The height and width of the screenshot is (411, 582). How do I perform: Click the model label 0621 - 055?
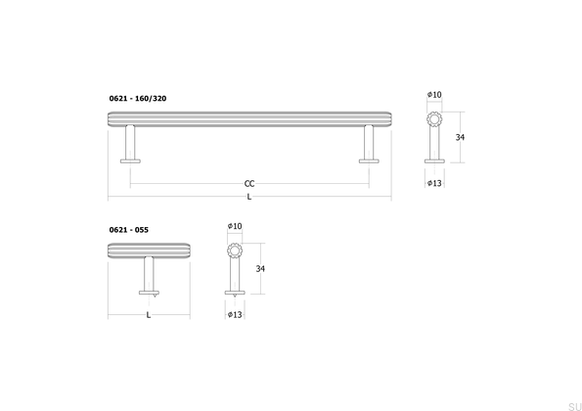[129, 229]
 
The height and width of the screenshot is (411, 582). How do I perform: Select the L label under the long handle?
[250, 197]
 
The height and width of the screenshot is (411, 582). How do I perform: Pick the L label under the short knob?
[148, 315]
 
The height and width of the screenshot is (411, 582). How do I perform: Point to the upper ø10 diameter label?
[434, 94]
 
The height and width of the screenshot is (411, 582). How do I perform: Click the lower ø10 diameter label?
[235, 226]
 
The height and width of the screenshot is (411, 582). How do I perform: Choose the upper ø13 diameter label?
[434, 183]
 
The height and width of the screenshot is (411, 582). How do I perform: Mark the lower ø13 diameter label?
[235, 315]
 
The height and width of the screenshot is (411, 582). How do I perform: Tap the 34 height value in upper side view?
[460, 138]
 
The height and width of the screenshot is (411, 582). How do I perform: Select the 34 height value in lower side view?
[259, 268]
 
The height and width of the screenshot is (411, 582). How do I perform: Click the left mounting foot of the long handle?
[130, 159]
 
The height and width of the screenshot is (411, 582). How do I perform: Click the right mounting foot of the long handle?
[370, 159]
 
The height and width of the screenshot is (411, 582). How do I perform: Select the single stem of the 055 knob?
[148, 273]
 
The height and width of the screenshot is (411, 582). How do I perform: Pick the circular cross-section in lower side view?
[235, 251]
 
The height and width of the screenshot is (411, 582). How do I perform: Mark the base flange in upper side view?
[434, 162]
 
